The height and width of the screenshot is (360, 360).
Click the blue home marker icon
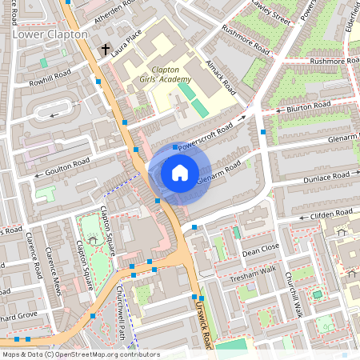180,172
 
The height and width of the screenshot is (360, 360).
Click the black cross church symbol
105,50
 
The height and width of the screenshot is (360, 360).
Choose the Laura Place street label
126,38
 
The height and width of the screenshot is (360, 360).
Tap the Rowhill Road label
50,78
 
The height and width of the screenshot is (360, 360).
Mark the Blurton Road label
308,106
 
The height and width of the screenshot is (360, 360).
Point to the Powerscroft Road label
205,137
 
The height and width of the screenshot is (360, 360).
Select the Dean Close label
260,250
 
